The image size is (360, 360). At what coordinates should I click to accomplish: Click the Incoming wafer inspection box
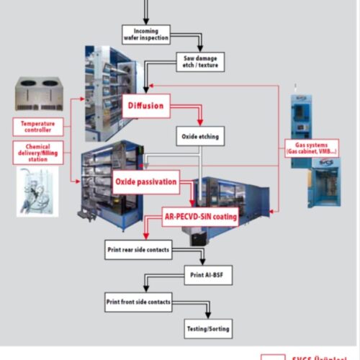[x=146, y=34]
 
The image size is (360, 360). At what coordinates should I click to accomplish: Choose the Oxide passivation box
[x=146, y=182]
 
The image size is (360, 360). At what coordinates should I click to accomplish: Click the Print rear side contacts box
[x=138, y=250]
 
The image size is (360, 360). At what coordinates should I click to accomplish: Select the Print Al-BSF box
[x=207, y=275]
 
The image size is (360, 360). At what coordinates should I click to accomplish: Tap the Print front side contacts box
[x=138, y=302]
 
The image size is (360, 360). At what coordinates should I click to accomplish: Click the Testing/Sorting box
[x=209, y=328]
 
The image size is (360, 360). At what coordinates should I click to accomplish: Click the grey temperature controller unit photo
[x=41, y=93]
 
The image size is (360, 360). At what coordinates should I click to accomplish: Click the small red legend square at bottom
[x=271, y=357]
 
